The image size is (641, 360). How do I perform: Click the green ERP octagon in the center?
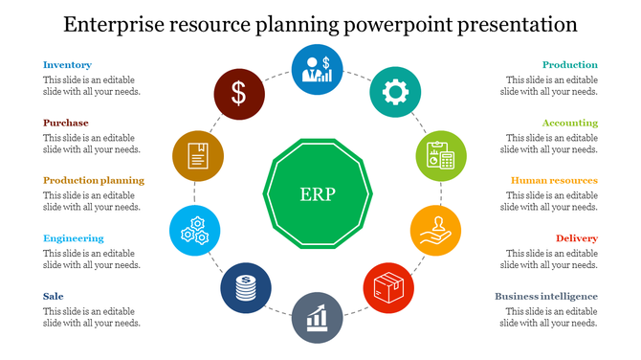[317, 191]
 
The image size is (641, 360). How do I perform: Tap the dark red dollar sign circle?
[238, 94]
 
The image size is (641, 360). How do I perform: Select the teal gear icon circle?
[394, 93]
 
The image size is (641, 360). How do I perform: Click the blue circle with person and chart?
[317, 69]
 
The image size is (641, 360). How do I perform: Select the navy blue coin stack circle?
[246, 288]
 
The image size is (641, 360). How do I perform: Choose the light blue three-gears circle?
[195, 231]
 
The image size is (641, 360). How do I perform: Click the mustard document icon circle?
[198, 155]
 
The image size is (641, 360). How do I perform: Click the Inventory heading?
[67, 65]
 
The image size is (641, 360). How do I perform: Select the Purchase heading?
[65, 123]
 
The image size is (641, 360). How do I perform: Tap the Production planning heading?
[94, 180]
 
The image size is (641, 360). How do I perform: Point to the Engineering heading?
[73, 237]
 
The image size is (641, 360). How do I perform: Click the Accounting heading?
[569, 123]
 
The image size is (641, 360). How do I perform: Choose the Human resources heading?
[554, 180]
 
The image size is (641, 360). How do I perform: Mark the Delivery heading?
[577, 237]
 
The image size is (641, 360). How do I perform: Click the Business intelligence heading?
[546, 296]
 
